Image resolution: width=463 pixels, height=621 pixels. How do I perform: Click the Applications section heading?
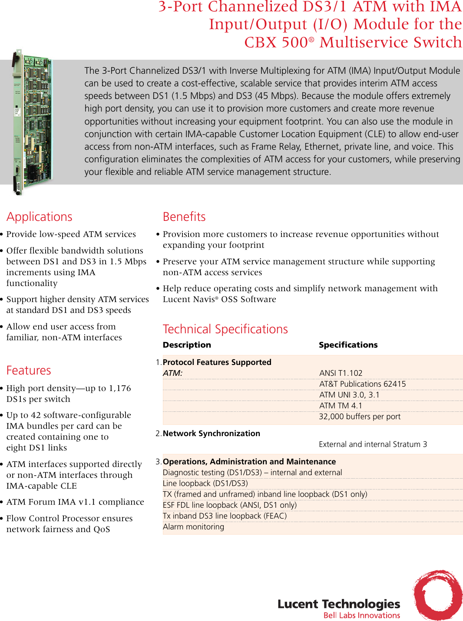pyautogui.click(x=40, y=217)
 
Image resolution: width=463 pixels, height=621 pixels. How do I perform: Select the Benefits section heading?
pyautogui.click(x=184, y=217)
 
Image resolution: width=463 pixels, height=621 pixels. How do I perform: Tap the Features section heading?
pyautogui.click(x=29, y=371)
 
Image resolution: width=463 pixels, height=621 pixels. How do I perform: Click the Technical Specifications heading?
pyautogui.click(x=225, y=329)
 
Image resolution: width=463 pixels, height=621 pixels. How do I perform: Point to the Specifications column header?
pyautogui.click(x=348, y=345)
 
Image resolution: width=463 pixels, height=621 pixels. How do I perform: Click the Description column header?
pyautogui.click(x=187, y=345)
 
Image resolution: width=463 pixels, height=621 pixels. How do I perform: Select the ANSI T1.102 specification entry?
pyautogui.click(x=341, y=373)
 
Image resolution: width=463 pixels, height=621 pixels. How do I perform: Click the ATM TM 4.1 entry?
pyautogui.click(x=341, y=406)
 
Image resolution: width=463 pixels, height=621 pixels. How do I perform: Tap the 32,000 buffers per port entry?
pyautogui.click(x=360, y=417)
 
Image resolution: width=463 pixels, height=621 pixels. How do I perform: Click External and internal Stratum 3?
pyautogui.click(x=373, y=444)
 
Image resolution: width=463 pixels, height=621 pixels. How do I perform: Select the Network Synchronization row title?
pyautogui.click(x=211, y=434)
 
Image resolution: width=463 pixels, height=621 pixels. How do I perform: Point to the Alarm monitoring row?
pyautogui.click(x=193, y=527)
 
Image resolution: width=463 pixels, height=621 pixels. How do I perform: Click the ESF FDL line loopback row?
pyautogui.click(x=229, y=505)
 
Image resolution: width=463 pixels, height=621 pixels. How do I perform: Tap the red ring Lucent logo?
pyautogui.click(x=437, y=595)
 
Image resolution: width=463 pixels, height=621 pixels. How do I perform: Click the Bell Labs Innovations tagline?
pyautogui.click(x=361, y=615)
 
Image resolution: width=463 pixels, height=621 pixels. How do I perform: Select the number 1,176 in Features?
pyautogui.click(x=119, y=388)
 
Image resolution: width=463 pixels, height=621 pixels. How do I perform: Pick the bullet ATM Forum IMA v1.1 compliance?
pyautogui.click(x=75, y=502)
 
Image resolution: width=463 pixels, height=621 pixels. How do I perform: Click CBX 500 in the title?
pyautogui.click(x=276, y=43)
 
